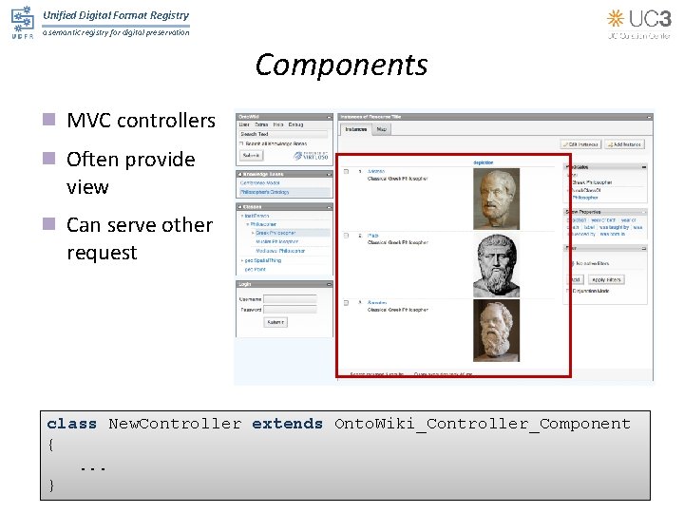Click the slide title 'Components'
click(341, 65)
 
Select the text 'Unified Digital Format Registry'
click(116, 15)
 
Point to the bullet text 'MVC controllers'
click(141, 121)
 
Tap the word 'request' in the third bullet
click(102, 253)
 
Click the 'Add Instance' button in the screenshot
click(627, 143)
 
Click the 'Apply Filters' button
click(606, 279)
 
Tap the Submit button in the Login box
click(275, 322)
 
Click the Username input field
click(290, 298)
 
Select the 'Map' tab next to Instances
click(382, 129)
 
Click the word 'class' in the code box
click(72, 424)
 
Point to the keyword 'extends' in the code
click(287, 424)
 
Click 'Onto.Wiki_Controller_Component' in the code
click(482, 424)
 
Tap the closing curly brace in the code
click(51, 484)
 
